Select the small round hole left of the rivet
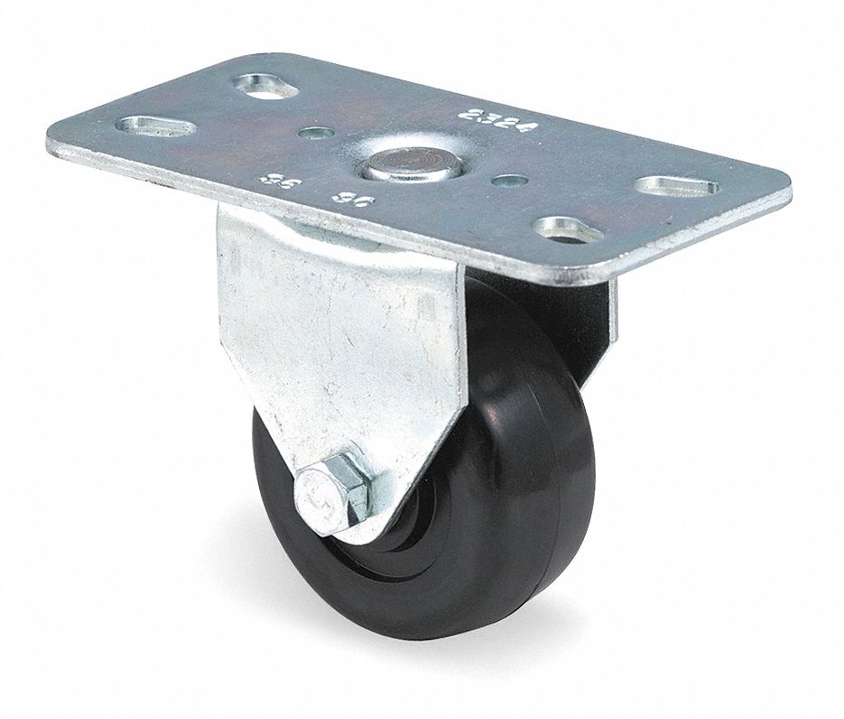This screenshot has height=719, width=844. coord(313,135)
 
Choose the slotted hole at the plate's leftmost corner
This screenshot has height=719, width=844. coord(154,126)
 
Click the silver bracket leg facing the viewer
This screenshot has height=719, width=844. coord(343,361)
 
